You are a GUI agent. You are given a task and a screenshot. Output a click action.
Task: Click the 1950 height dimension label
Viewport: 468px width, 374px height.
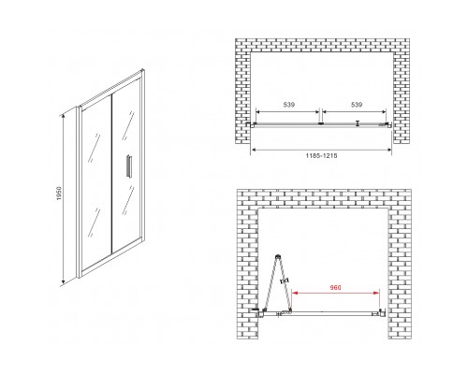click(x=60, y=194)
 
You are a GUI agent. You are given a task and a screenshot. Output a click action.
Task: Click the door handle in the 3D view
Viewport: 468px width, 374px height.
click(x=128, y=166)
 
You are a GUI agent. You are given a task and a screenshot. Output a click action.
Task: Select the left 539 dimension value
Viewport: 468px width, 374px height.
click(x=289, y=105)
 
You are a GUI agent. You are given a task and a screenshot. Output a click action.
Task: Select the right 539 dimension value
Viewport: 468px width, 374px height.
click(x=357, y=105)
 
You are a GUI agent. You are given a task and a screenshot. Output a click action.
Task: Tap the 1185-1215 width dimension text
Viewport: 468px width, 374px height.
click(x=321, y=155)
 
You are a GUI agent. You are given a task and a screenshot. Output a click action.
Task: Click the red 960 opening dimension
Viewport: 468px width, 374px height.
click(x=336, y=287)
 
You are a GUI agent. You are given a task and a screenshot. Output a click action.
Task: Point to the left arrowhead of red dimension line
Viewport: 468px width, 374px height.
click(x=294, y=293)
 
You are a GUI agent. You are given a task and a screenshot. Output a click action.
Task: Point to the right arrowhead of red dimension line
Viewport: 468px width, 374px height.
click(x=377, y=293)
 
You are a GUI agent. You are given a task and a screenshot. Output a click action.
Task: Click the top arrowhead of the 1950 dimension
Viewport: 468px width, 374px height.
click(x=63, y=116)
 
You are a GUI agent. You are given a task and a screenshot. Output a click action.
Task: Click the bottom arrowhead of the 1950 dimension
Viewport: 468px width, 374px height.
click(x=63, y=282)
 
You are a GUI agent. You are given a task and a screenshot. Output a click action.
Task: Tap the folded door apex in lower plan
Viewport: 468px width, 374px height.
click(x=277, y=256)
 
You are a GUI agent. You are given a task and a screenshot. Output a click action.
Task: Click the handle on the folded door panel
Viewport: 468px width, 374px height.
click(x=285, y=280)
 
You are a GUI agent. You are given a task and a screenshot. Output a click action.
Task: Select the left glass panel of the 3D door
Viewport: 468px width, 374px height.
click(x=95, y=180)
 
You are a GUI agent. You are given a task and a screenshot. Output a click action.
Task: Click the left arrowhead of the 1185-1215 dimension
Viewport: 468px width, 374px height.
click(x=254, y=150)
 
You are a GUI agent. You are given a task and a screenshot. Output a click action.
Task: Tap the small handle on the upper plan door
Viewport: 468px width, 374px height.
click(x=358, y=123)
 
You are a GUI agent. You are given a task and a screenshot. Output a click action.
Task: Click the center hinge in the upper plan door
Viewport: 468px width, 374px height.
click(x=320, y=123)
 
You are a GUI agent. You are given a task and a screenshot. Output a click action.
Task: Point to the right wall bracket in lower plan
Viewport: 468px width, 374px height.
click(x=383, y=312)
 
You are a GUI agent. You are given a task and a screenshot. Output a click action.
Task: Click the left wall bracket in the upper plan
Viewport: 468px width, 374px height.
click(x=252, y=124)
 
